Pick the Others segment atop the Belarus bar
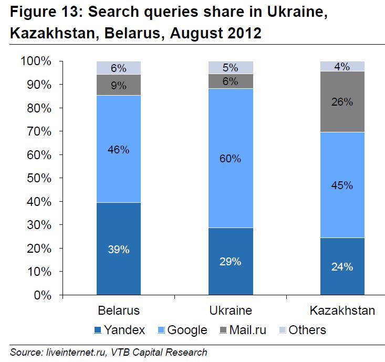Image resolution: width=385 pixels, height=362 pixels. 119,68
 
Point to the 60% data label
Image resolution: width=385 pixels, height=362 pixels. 231,158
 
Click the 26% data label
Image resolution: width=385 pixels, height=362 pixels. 342,102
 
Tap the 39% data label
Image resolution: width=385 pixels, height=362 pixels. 119,250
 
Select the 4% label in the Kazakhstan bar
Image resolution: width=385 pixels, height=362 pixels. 342,67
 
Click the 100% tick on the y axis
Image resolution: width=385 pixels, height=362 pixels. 36,61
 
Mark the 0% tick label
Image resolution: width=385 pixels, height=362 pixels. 43,295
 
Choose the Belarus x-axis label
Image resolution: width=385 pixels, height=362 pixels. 119,310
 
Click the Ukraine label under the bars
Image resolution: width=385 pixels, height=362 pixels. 231,310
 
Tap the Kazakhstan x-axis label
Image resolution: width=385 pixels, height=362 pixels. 342,310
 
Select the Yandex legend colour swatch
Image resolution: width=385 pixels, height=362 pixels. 98,330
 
